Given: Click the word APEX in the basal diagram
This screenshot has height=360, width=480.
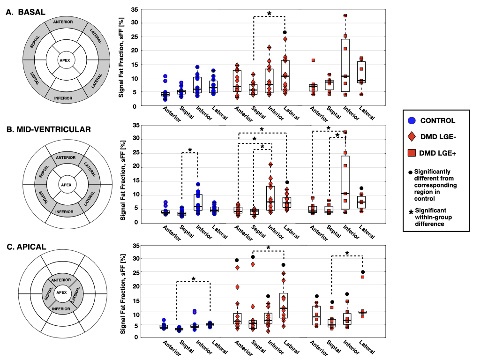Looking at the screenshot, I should pos(66,60).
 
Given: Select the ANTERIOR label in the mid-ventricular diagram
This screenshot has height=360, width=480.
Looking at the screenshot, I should pos(66,157).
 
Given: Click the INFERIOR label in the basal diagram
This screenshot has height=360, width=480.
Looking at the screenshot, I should pos(63,98).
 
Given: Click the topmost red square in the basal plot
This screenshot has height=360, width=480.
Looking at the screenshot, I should pos(345,15).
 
